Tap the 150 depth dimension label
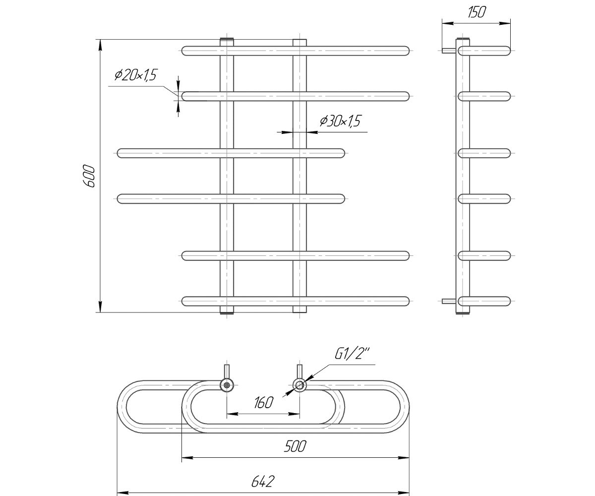click(476, 12)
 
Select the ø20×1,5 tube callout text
click(136, 75)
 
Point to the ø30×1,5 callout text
click(340, 121)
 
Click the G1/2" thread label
click(352, 354)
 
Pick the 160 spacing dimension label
click(263, 403)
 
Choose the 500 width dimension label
click(295, 446)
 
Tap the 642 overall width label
click(263, 482)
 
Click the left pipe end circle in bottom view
click(227, 386)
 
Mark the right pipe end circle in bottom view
click(299, 386)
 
